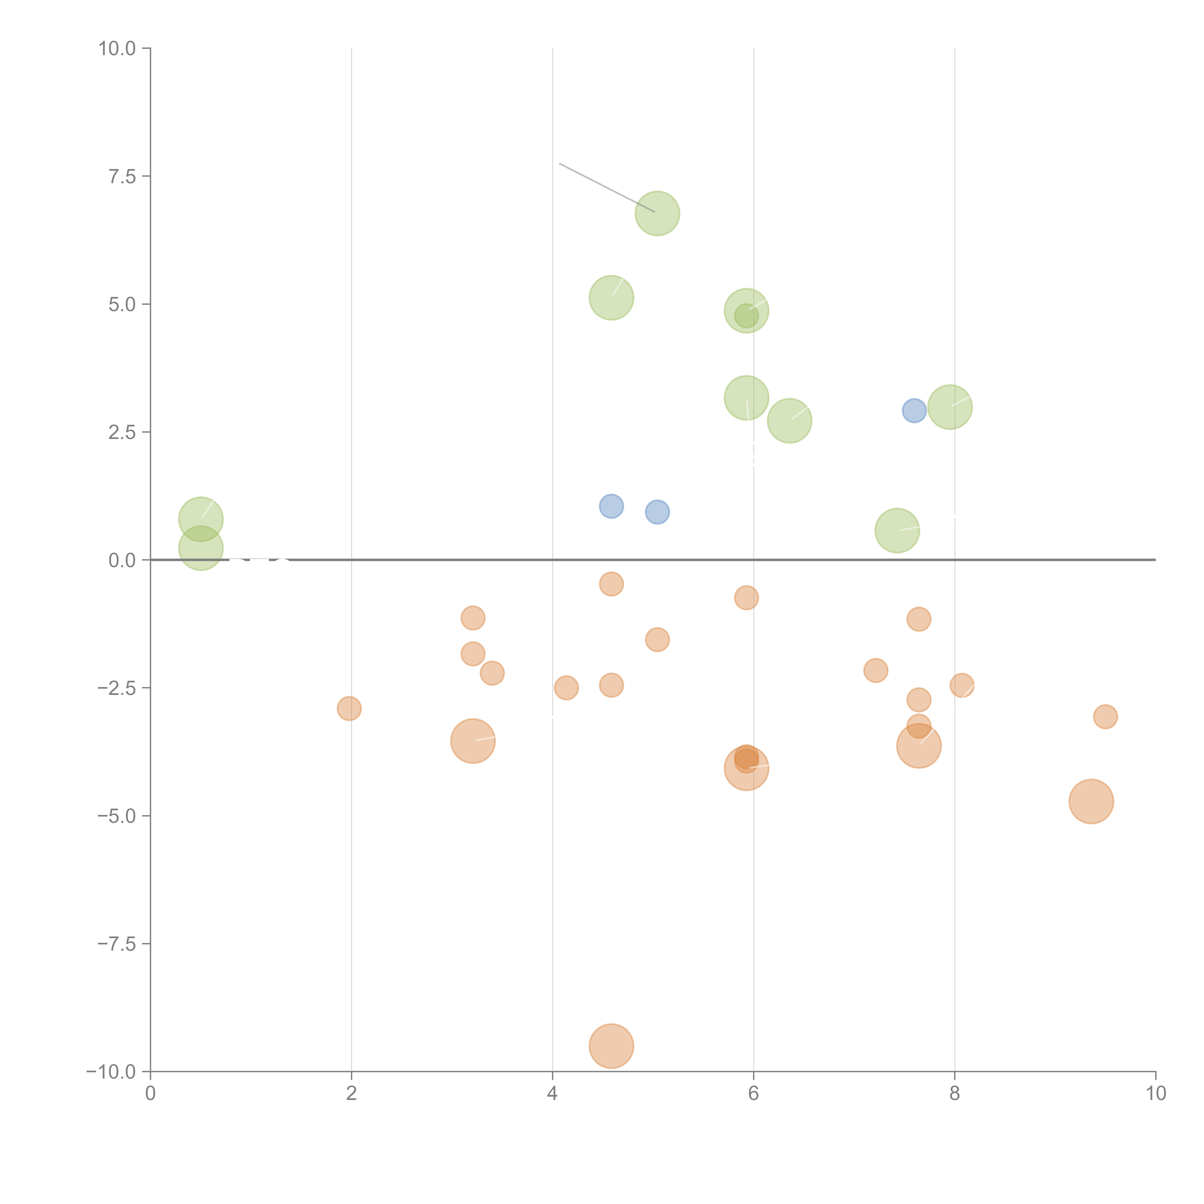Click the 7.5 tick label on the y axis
[122, 176]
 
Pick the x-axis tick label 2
[352, 1094]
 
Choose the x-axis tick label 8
[955, 1094]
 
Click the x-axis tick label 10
[1155, 1094]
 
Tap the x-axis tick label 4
[552, 1094]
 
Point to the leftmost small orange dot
[349, 709]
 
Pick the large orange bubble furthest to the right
[1091, 801]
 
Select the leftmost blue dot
[611, 506]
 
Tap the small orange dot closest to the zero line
[611, 584]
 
